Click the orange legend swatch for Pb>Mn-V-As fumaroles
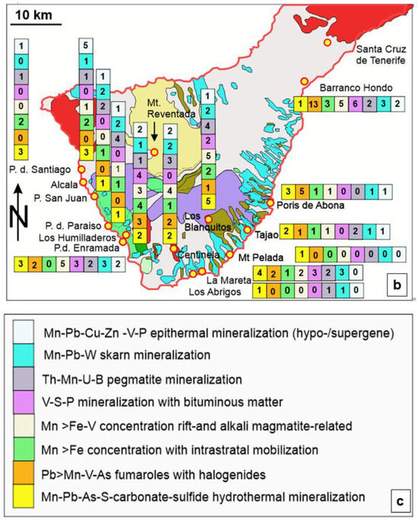[x=23, y=475]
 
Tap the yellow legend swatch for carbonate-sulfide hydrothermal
[x=23, y=496]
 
